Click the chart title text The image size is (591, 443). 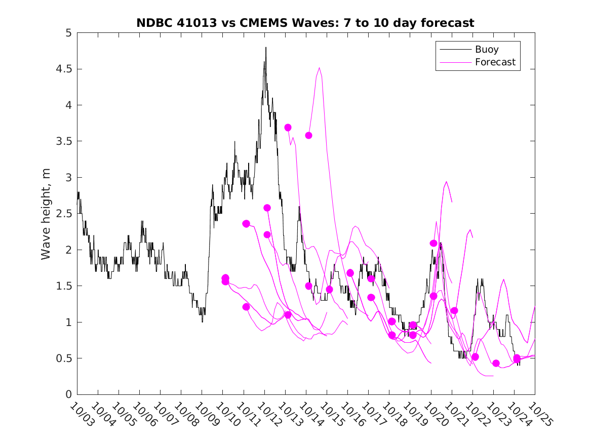(305, 23)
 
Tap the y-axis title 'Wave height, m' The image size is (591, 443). (46, 214)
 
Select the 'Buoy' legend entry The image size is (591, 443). (487, 50)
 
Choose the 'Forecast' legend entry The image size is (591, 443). (495, 62)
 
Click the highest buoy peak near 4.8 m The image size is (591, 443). (266, 48)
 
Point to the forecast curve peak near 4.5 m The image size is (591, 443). (320, 68)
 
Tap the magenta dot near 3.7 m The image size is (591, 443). (288, 128)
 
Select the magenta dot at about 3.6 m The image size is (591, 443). (308, 135)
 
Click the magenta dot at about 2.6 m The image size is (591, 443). (267, 208)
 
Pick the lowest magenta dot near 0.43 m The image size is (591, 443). (496, 363)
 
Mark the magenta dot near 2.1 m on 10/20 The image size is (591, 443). (434, 244)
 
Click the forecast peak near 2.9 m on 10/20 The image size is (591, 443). (446, 182)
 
